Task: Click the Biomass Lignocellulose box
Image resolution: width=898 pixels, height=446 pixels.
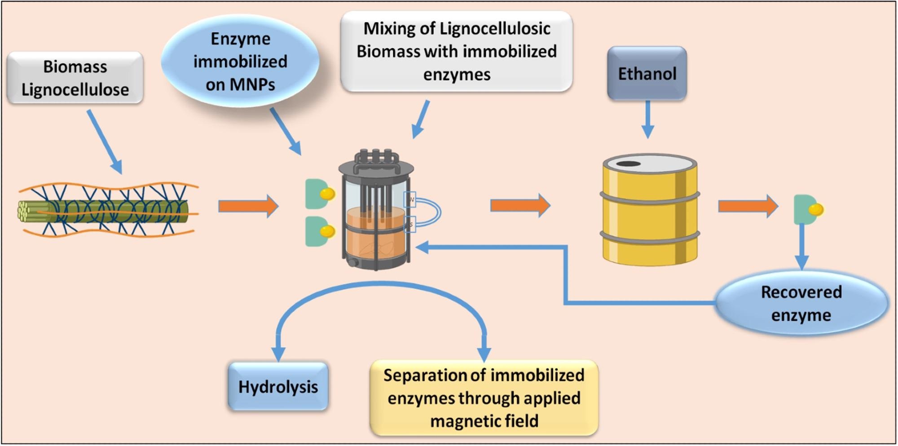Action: tap(75, 78)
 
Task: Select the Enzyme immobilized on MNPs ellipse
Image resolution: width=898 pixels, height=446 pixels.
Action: tap(240, 62)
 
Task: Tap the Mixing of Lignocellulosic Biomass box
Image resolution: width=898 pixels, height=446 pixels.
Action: tap(456, 51)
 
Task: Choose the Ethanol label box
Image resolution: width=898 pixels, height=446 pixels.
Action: tap(647, 73)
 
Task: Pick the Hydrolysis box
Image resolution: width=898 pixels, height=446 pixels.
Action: tap(278, 387)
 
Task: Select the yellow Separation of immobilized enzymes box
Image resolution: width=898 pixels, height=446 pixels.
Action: tap(484, 398)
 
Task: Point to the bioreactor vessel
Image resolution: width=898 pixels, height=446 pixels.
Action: tap(375, 211)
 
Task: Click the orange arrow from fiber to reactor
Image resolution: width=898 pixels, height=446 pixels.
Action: tap(248, 206)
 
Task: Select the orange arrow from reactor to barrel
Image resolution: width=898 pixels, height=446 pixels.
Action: tap(520, 206)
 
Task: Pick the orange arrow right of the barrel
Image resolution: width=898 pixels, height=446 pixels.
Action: tap(748, 206)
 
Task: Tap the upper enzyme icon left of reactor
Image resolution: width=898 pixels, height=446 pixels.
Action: tap(319, 194)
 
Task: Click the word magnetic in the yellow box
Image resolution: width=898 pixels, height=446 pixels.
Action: tap(459, 421)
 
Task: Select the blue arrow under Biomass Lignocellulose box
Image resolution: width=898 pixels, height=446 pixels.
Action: tap(104, 141)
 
